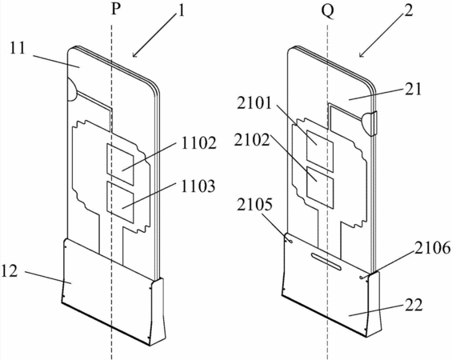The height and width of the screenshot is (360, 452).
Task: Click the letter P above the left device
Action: click(x=115, y=10)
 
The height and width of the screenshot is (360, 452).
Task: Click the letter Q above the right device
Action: click(x=328, y=11)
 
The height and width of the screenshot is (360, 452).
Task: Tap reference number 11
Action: click(x=18, y=48)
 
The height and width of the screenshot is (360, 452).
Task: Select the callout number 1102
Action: click(x=198, y=142)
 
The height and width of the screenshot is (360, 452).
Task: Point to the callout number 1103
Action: click(x=198, y=186)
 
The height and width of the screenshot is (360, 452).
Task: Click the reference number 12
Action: click(x=10, y=271)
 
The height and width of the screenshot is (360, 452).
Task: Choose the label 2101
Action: click(x=254, y=103)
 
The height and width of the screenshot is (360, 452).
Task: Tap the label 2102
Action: click(x=252, y=140)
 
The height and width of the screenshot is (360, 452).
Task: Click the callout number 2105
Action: click(x=254, y=206)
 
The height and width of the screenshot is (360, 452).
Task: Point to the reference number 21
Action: click(x=413, y=90)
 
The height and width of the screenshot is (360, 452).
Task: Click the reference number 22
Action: click(x=414, y=305)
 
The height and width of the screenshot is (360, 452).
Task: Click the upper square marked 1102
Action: click(x=120, y=164)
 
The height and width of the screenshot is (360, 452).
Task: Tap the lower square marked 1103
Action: click(x=120, y=202)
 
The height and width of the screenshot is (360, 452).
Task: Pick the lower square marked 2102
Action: click(x=320, y=187)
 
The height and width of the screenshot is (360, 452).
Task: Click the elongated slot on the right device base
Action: click(x=326, y=262)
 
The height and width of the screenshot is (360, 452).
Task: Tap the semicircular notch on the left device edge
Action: click(x=72, y=90)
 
